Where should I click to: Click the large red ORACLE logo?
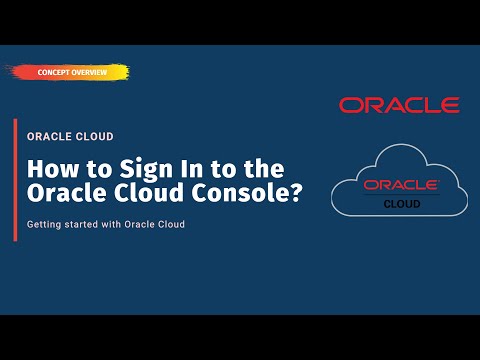(x=399, y=105)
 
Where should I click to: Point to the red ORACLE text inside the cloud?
(x=400, y=185)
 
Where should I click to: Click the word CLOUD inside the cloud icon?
(x=400, y=202)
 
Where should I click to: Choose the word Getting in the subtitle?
(x=45, y=224)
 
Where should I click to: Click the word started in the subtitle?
(x=86, y=224)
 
